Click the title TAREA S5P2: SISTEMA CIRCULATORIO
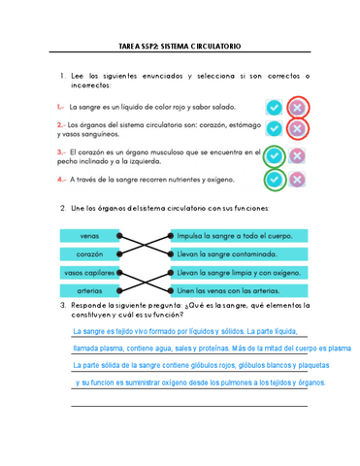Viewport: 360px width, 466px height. point(180,46)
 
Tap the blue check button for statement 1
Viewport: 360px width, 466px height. point(276,106)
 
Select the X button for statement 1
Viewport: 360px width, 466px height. point(298,106)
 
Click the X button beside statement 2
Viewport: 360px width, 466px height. point(298,128)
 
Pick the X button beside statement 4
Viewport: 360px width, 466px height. point(298,180)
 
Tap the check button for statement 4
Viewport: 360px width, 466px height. point(276,180)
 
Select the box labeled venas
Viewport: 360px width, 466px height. point(89,236)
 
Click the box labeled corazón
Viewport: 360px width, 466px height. point(89,253)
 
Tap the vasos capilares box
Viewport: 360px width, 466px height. point(89,273)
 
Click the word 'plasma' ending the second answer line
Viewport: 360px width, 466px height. point(339,348)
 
